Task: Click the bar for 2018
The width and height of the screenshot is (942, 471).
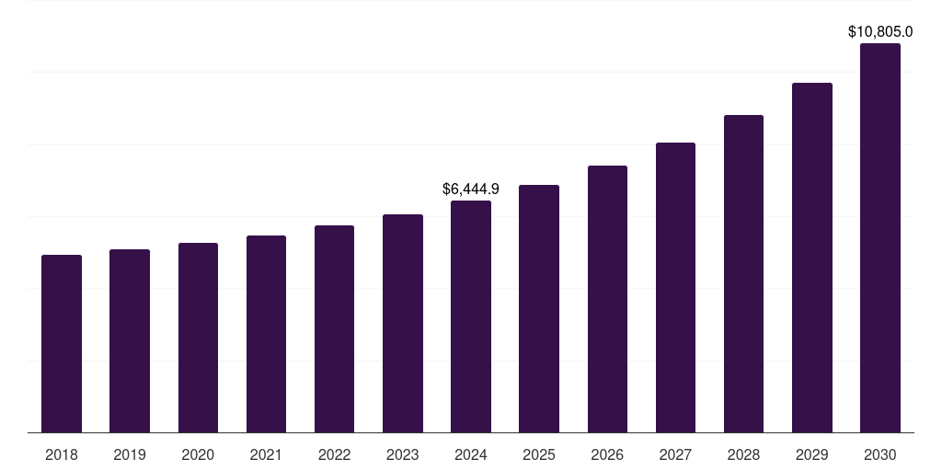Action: click(62, 344)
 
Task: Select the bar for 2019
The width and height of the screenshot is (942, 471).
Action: click(130, 341)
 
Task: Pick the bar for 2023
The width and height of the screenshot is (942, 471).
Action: click(403, 324)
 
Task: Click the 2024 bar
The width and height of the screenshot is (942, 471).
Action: click(471, 316)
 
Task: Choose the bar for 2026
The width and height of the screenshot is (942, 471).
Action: click(607, 299)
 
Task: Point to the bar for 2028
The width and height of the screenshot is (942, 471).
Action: click(743, 274)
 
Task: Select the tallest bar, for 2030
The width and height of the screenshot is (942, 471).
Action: click(880, 238)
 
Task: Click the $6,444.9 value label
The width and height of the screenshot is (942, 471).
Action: click(471, 189)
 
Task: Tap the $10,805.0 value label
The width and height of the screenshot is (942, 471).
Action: click(880, 32)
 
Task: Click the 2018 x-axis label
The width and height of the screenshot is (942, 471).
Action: click(62, 454)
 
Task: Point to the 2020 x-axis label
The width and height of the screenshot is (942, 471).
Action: click(198, 454)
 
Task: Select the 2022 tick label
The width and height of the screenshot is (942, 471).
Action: click(334, 454)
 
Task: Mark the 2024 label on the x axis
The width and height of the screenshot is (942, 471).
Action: click(471, 454)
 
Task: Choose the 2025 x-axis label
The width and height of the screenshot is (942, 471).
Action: click(539, 454)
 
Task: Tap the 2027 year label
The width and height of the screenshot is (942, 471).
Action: click(675, 454)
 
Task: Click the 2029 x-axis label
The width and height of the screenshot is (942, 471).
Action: click(812, 454)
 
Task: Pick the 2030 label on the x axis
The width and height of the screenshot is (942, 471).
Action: click(880, 454)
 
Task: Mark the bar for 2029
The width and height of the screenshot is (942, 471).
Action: click(812, 258)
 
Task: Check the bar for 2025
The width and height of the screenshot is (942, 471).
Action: click(539, 309)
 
